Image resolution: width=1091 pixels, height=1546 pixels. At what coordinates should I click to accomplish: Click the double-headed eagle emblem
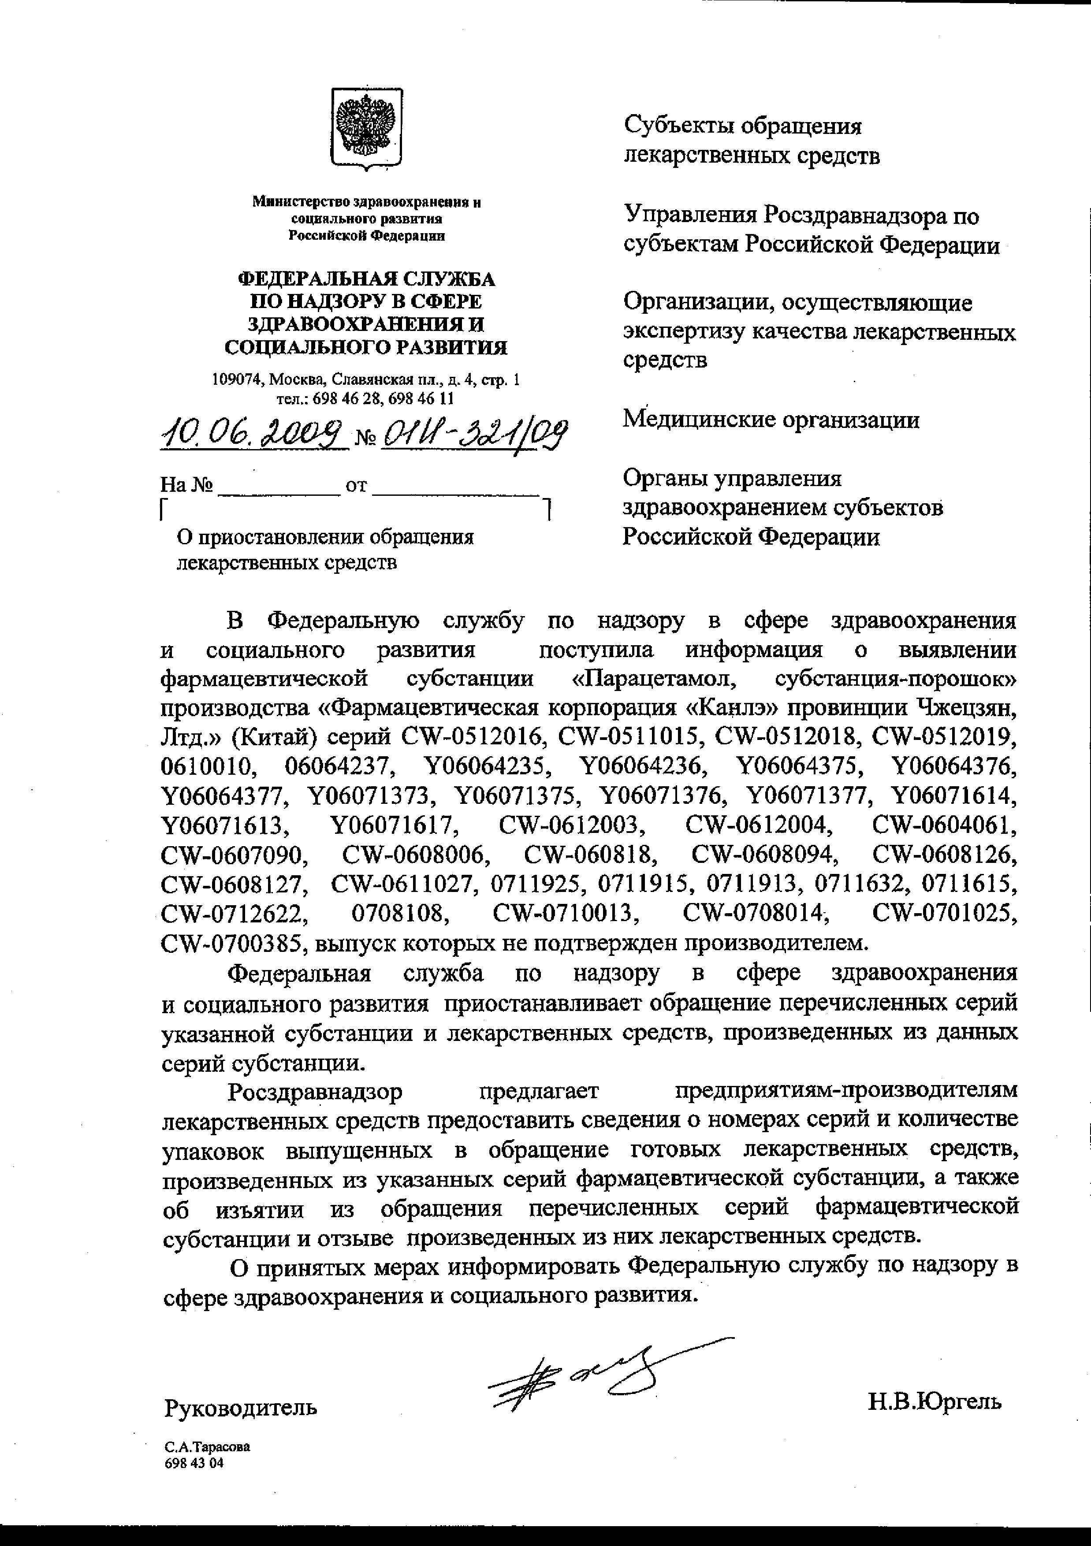point(366,126)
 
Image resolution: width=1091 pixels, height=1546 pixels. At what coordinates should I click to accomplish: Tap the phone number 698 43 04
point(194,1463)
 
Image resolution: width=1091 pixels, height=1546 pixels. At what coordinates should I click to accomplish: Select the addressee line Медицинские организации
point(771,420)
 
